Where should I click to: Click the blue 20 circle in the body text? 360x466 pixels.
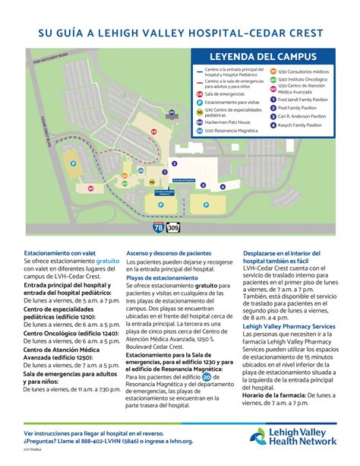(x=207, y=377)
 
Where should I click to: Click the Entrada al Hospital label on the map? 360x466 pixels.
(x=185, y=179)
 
